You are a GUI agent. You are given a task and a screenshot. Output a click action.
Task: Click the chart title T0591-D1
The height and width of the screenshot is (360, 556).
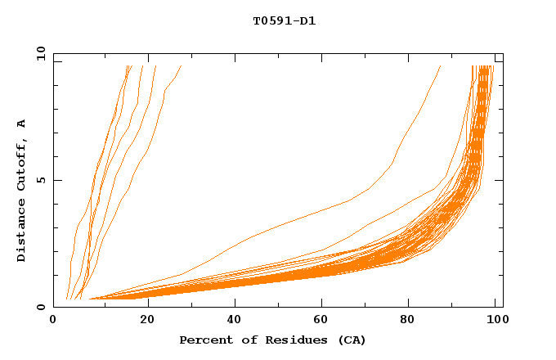[284, 21]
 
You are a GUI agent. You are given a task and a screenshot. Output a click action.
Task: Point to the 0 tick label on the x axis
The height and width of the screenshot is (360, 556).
[53, 320]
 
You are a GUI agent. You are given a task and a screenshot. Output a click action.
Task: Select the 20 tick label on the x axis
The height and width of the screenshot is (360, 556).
[147, 320]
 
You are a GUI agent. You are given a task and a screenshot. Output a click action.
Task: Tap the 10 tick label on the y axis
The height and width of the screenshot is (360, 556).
[39, 53]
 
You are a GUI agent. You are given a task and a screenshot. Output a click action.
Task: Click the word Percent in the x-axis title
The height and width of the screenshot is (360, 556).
[202, 340]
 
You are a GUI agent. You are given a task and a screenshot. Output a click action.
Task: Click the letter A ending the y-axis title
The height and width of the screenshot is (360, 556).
[22, 124]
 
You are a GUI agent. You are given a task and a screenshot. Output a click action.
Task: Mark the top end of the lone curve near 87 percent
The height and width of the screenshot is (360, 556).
[441, 66]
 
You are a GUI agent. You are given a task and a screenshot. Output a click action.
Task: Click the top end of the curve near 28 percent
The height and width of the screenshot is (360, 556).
[180, 66]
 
